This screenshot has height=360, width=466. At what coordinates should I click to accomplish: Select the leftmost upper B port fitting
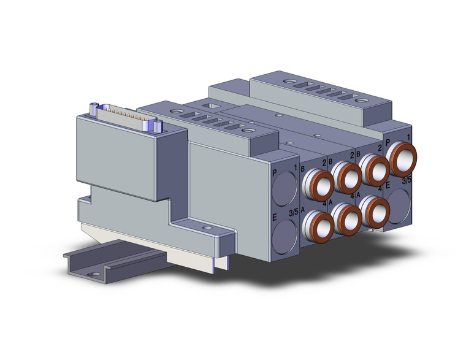(320, 183)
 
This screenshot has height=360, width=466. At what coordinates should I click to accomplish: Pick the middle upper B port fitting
(348, 178)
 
